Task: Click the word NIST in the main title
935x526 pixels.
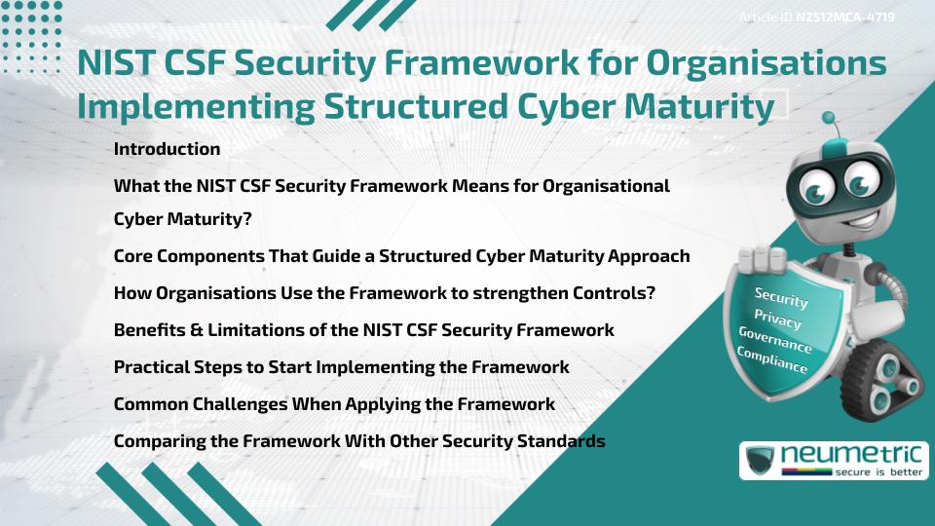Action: tap(114, 64)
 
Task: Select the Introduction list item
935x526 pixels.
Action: tap(167, 149)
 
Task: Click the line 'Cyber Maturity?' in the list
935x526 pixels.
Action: tap(182, 219)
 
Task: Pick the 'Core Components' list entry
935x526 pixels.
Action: tap(401, 256)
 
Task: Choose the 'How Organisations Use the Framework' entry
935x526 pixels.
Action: tap(384, 293)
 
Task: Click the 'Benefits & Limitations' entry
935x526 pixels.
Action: tap(363, 330)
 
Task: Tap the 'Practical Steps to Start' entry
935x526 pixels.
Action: tap(341, 367)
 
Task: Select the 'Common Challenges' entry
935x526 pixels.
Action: tap(334, 404)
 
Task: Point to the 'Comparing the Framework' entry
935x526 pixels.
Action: tap(359, 441)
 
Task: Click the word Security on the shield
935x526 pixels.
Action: tap(781, 298)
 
